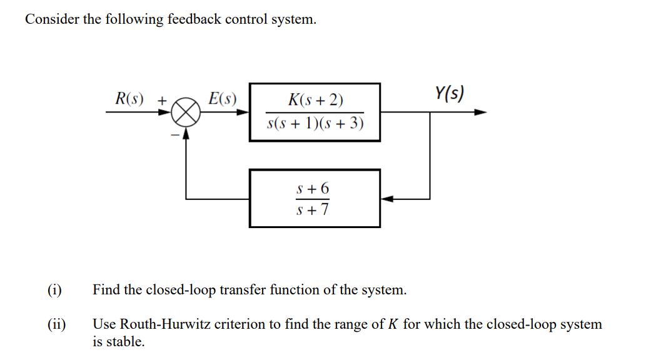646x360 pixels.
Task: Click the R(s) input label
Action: click(129, 98)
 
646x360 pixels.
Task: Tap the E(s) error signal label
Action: click(223, 98)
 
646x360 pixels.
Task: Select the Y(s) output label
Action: click(448, 94)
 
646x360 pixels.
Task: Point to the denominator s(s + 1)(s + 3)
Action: click(315, 123)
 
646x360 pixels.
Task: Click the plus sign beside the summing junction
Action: click(162, 99)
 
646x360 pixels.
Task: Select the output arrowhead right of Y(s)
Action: click(480, 112)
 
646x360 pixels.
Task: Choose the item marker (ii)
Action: click(56, 324)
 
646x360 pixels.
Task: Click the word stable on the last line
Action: click(125, 342)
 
